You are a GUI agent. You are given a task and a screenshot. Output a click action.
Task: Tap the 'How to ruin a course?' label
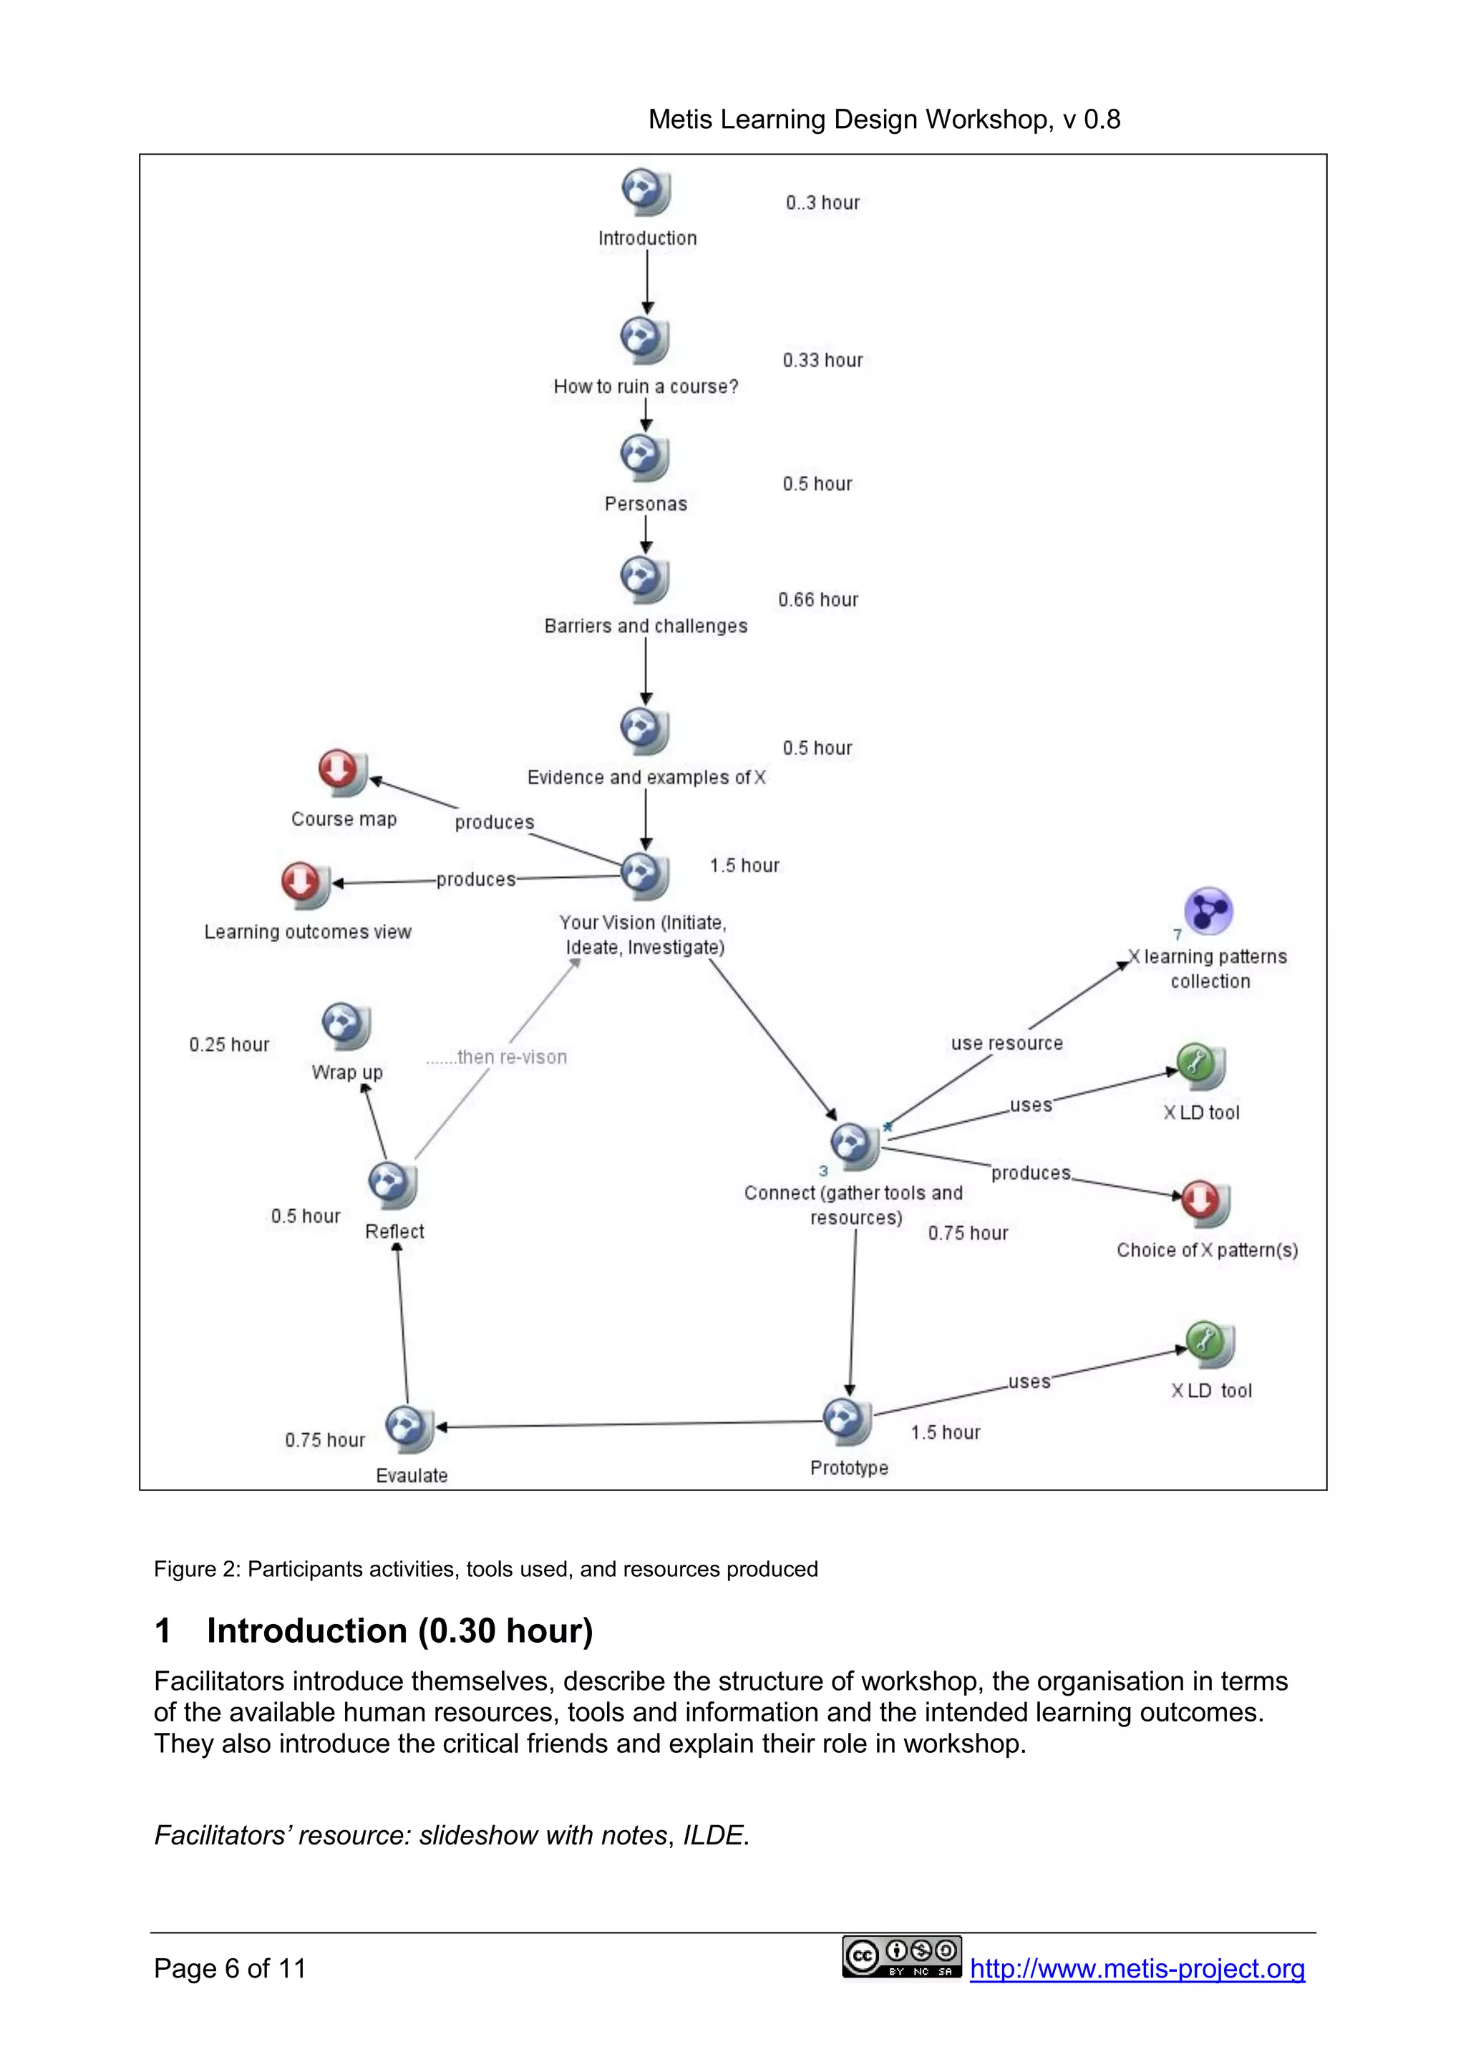[646, 386]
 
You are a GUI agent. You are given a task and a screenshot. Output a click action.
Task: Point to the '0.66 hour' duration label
[818, 600]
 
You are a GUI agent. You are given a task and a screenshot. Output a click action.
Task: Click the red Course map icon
[341, 773]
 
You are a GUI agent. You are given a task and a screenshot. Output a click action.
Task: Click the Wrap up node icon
[346, 1026]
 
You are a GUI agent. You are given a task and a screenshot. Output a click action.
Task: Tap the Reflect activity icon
[392, 1184]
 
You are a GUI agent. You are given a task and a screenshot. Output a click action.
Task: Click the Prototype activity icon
[847, 1422]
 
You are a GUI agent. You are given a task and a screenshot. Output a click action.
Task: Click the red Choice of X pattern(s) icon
[1204, 1203]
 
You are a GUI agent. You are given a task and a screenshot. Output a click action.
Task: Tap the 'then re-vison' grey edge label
[497, 1057]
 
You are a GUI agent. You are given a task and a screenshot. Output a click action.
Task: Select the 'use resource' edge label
[1006, 1043]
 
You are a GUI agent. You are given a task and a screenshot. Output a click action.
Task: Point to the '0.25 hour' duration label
[229, 1045]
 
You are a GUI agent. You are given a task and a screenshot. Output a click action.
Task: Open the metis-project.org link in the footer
[1137, 1968]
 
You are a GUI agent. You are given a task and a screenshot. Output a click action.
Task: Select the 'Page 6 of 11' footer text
[230, 1968]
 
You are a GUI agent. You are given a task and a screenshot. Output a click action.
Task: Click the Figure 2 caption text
[485, 1569]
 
